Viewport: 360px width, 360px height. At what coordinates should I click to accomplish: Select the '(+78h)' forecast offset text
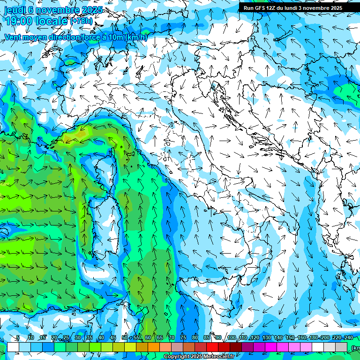point(82,21)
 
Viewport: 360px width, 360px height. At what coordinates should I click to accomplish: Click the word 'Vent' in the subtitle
point(14,37)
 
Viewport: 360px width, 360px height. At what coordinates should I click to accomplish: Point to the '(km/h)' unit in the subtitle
point(136,37)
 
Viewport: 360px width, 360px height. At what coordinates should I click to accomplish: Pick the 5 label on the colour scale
point(18,338)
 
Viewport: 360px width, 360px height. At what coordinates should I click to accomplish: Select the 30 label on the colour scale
point(77,338)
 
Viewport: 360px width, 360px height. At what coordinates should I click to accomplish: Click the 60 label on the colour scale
point(148,338)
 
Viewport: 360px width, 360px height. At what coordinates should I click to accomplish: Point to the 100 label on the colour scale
point(231,338)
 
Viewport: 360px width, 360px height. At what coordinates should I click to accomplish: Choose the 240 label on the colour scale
point(349,338)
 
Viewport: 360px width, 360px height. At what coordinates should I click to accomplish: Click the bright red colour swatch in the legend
point(212,347)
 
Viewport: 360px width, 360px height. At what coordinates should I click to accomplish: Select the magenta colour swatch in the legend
point(271,347)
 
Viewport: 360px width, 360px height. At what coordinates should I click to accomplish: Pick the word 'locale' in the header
point(52,21)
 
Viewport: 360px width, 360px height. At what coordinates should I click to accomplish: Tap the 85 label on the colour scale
point(207,338)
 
